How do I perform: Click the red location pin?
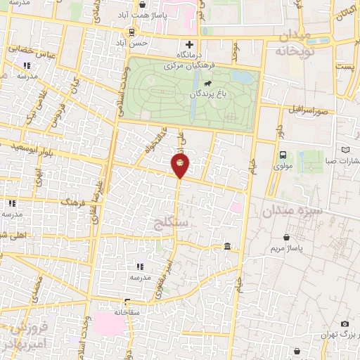click(x=180, y=166)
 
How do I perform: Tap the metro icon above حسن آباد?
click(x=133, y=32)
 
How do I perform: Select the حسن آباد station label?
click(x=133, y=43)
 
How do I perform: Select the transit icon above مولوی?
click(x=282, y=155)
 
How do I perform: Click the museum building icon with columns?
click(x=227, y=247)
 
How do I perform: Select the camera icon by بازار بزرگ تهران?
click(x=345, y=323)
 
